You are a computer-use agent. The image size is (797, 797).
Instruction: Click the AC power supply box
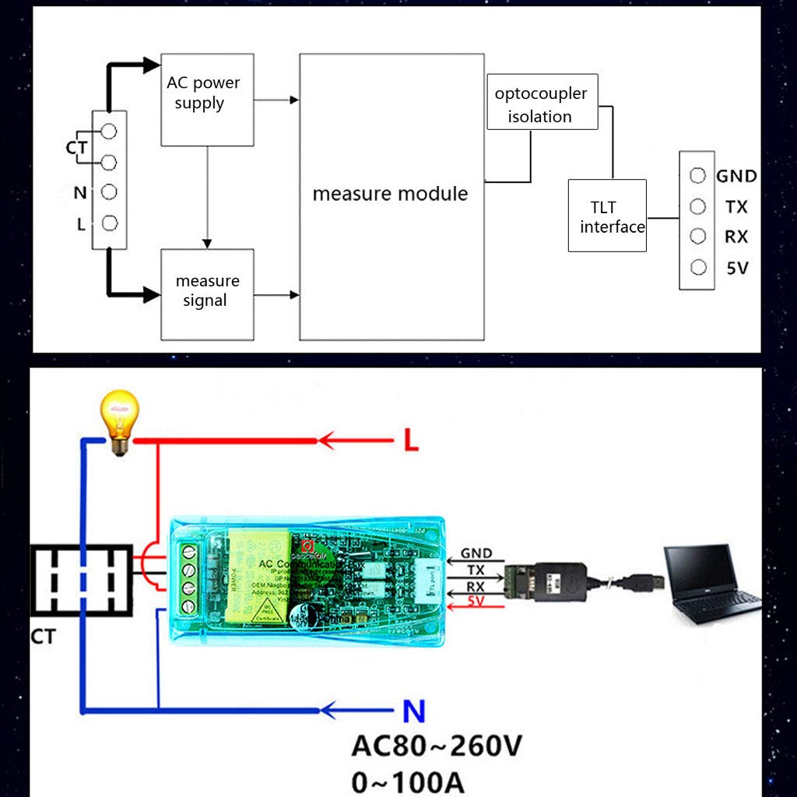pyautogui.click(x=207, y=100)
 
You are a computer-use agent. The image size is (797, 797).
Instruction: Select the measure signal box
pyautogui.click(x=207, y=291)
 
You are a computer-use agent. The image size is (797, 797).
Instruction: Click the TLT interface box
pyautogui.click(x=607, y=216)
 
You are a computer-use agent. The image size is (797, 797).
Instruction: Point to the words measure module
pyautogui.click(x=390, y=193)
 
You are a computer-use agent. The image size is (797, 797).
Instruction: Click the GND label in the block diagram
pyautogui.click(x=736, y=176)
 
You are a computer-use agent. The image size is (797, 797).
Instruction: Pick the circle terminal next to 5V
pyautogui.click(x=698, y=267)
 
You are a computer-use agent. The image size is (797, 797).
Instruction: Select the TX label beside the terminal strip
pyautogui.click(x=736, y=206)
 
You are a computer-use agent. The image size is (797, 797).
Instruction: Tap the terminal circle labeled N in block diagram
pyautogui.click(x=110, y=191)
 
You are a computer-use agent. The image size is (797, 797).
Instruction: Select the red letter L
pyautogui.click(x=412, y=441)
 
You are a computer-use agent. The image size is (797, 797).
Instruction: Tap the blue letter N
pyautogui.click(x=413, y=710)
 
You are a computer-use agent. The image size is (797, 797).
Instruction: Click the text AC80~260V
pyautogui.click(x=437, y=746)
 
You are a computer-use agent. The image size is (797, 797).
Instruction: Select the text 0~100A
pyautogui.click(x=408, y=781)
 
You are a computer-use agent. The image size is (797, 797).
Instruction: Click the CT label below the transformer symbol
pyautogui.click(x=44, y=637)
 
